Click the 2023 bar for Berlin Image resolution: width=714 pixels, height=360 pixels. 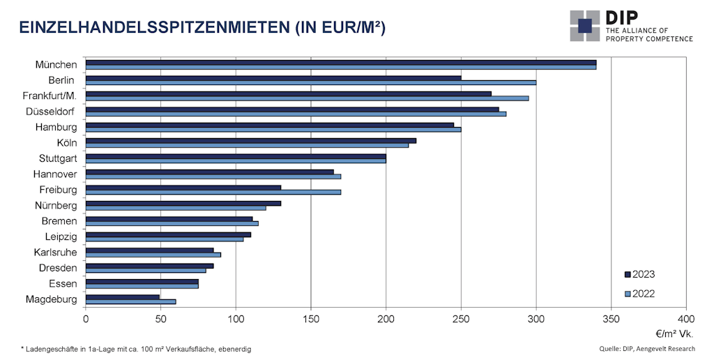pyautogui.click(x=273, y=77)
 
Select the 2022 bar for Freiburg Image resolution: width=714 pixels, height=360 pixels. pyautogui.click(x=213, y=192)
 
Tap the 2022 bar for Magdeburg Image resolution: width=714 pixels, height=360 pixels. pyautogui.click(x=130, y=301)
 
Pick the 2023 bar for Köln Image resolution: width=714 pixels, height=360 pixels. pyautogui.click(x=250, y=140)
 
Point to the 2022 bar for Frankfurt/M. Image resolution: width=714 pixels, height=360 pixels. pyautogui.click(x=307, y=98)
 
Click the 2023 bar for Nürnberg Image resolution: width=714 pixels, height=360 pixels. pyautogui.click(x=183, y=203)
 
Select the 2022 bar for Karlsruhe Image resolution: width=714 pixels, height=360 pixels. pyautogui.click(x=153, y=255)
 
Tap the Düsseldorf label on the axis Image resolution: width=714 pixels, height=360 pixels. pyautogui.click(x=50, y=112)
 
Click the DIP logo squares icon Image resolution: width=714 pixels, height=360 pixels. pyautogui.click(x=584, y=26)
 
